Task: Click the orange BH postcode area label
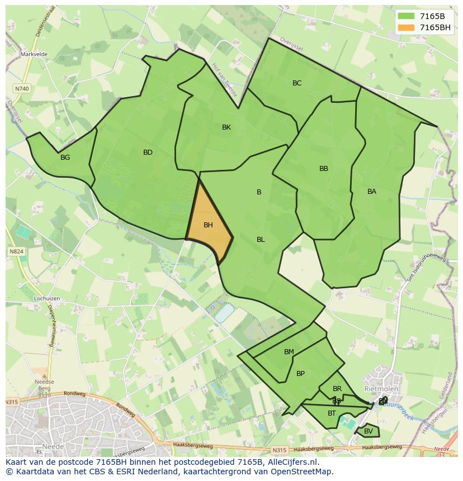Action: (x=208, y=225)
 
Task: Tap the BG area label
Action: (x=65, y=158)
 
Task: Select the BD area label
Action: (x=148, y=153)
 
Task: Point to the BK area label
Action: (x=226, y=127)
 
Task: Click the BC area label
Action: (x=297, y=83)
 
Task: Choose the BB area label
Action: (x=324, y=169)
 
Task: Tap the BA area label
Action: (x=372, y=192)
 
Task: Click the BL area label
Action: (x=261, y=240)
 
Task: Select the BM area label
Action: (x=289, y=352)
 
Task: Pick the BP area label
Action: (x=300, y=374)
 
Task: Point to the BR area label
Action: (x=337, y=389)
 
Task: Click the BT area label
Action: (x=332, y=413)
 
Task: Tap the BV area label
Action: (x=368, y=431)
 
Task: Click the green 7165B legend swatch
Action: (x=406, y=16)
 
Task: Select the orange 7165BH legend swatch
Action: (x=406, y=27)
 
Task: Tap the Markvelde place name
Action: (x=34, y=54)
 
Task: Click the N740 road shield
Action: (x=22, y=89)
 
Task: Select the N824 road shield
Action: (x=16, y=252)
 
